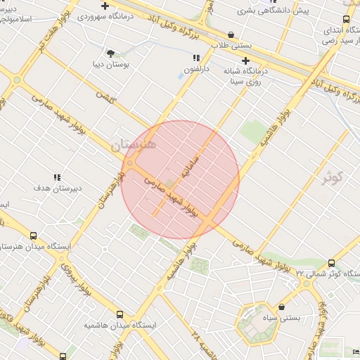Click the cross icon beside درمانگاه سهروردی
(x=105, y=6)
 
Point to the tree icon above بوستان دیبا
(x=110, y=53)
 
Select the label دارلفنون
(x=198, y=69)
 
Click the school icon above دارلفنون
(x=198, y=58)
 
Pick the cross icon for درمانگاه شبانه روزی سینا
(x=245, y=60)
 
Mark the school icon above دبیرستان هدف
(x=58, y=177)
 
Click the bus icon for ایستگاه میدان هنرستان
(x=34, y=236)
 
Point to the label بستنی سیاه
(x=282, y=318)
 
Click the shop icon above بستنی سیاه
(x=282, y=307)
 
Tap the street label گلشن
(x=106, y=99)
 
